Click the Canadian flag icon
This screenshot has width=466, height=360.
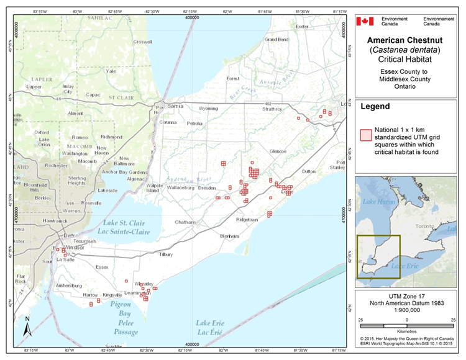(365, 21)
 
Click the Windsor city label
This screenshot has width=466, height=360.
(75, 248)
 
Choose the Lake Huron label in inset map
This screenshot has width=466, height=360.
(378, 203)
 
